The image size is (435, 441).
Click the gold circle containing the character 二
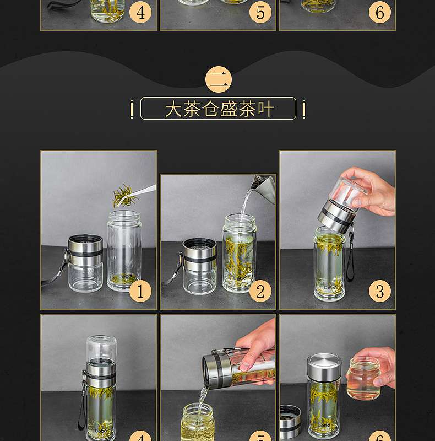219,79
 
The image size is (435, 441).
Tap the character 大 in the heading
173,109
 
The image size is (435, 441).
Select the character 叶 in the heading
265,109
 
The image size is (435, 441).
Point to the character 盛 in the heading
229,109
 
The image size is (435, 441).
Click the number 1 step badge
140,291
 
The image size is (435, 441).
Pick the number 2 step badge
260,291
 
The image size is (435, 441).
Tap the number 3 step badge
379,291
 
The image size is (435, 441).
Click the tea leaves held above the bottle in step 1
124,196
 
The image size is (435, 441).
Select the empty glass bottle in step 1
124,250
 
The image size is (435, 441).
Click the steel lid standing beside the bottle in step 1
85,263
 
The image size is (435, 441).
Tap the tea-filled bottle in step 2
240,253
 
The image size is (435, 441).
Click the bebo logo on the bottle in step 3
330,288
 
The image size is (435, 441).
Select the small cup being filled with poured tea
198,422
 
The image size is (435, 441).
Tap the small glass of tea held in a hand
363,378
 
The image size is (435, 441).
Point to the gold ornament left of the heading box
132,109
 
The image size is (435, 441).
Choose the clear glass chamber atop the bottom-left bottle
101,349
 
